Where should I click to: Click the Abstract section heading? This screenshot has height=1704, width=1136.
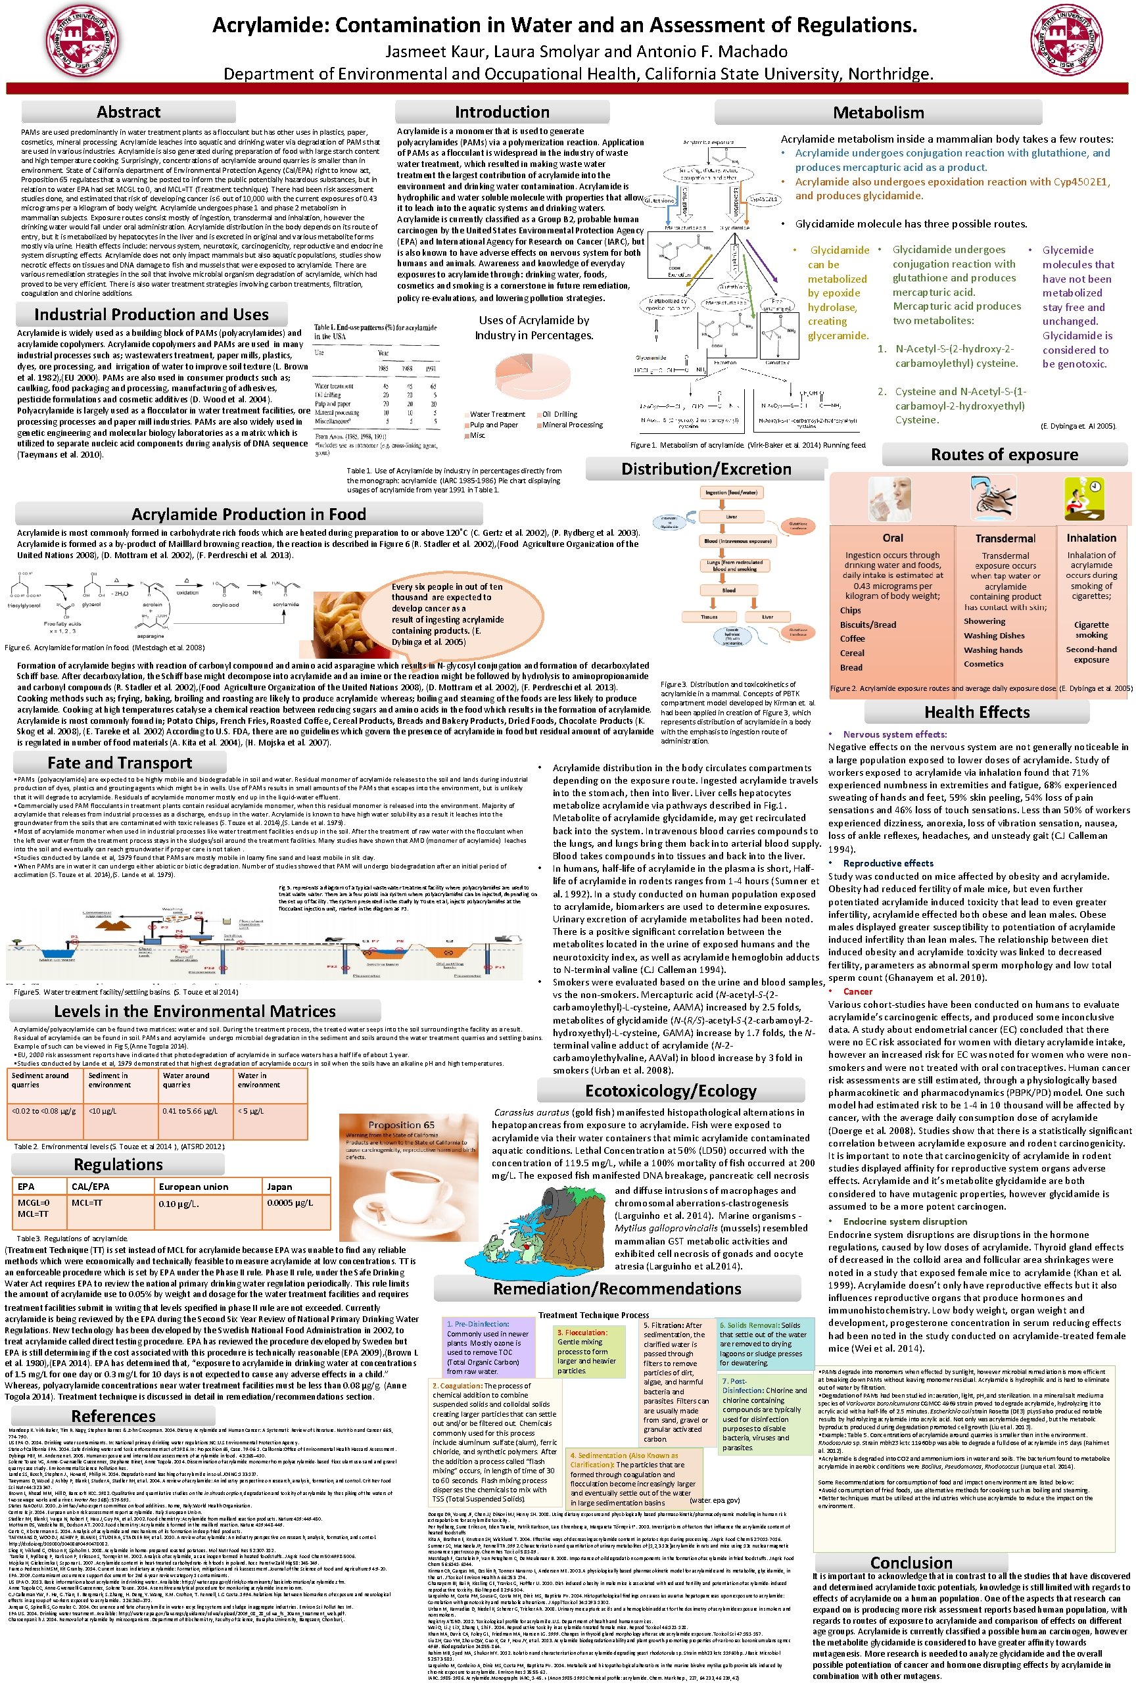pyautogui.click(x=128, y=112)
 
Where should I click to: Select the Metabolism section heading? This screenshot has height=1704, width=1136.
pyautogui.click(x=878, y=112)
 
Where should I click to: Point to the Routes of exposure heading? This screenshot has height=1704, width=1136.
pyautogui.click(x=1003, y=455)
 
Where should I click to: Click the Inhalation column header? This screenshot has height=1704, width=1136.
pyautogui.click(x=1091, y=538)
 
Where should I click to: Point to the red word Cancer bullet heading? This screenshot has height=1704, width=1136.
pyautogui.click(x=857, y=991)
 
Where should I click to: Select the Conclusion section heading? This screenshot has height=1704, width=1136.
pyautogui.click(x=911, y=1563)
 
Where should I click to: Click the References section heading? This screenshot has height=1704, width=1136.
pyautogui.click(x=113, y=1415)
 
